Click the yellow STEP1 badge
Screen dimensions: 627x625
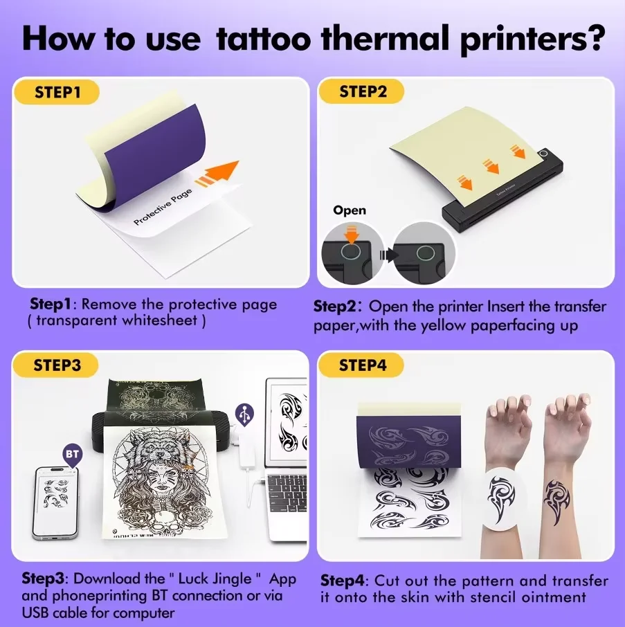58,92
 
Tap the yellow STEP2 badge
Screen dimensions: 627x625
363,92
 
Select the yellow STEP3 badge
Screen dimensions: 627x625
58,365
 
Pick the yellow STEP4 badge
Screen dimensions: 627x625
363,365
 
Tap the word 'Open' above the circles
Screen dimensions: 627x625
350,210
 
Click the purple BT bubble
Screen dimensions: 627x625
72,455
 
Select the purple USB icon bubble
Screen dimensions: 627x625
244,414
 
